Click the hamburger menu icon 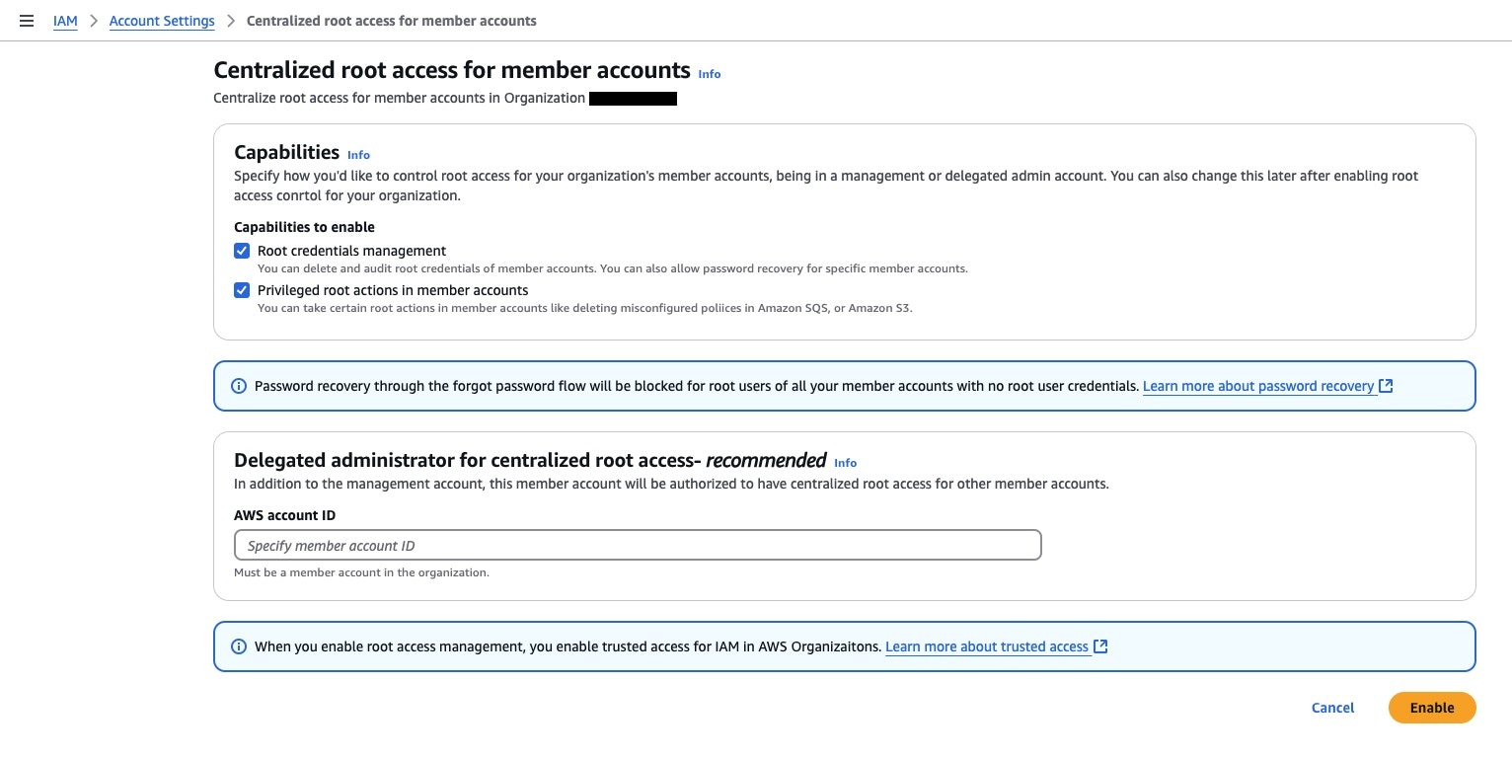click(x=27, y=21)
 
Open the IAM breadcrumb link click(x=65, y=21)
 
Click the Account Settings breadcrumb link click(x=162, y=21)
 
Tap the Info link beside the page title click(x=710, y=74)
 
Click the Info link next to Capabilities click(x=358, y=155)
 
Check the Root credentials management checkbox click(x=242, y=251)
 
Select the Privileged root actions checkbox click(x=242, y=290)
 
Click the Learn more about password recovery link click(x=1258, y=386)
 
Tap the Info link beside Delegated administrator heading click(x=845, y=463)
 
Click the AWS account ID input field click(x=638, y=545)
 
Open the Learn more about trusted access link click(x=987, y=646)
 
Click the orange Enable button click(x=1431, y=708)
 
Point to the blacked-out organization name click(x=633, y=99)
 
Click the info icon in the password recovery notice click(x=238, y=386)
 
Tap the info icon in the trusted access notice click(x=238, y=646)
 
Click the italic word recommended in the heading click(x=766, y=460)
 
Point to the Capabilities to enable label click(x=304, y=227)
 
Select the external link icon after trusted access click(x=1100, y=646)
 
